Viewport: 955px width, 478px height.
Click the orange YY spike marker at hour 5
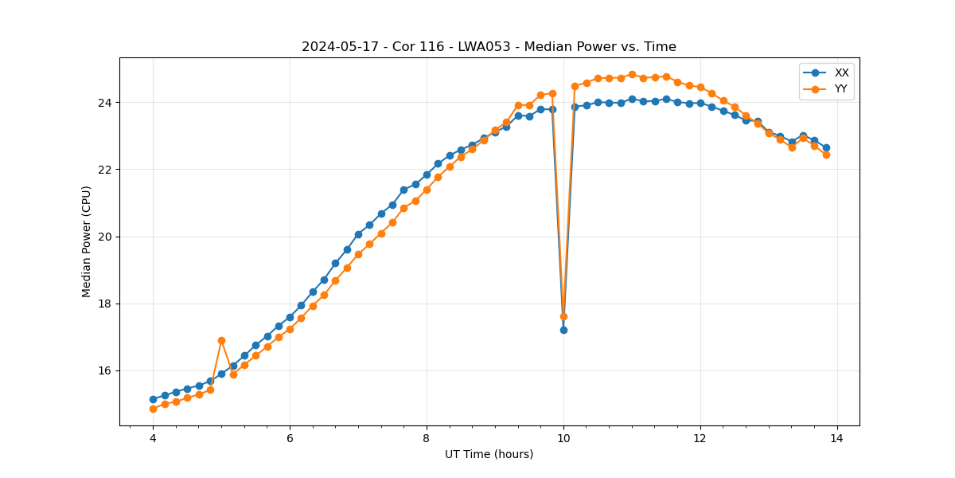pyautogui.click(x=221, y=340)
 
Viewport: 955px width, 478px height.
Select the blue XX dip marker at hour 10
pyautogui.click(x=563, y=330)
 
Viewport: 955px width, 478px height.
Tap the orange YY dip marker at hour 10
pyautogui.click(x=563, y=316)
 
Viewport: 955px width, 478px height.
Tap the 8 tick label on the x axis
pyautogui.click(x=427, y=438)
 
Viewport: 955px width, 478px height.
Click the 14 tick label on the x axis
pyautogui.click(x=837, y=438)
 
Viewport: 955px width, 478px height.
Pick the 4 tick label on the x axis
pyautogui.click(x=153, y=438)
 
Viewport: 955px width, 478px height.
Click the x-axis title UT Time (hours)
pyautogui.click(x=489, y=454)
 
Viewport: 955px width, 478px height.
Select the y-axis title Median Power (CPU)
pyautogui.click(x=87, y=241)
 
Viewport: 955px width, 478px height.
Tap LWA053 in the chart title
pyautogui.click(x=483, y=47)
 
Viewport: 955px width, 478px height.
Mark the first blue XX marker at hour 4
pyautogui.click(x=153, y=399)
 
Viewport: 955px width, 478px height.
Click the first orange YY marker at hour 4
pyautogui.click(x=153, y=409)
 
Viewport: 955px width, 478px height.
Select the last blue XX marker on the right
pyautogui.click(x=826, y=147)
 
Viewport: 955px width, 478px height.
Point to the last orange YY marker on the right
pyautogui.click(x=826, y=155)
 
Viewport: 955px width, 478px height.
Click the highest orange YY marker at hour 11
pyautogui.click(x=632, y=75)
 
